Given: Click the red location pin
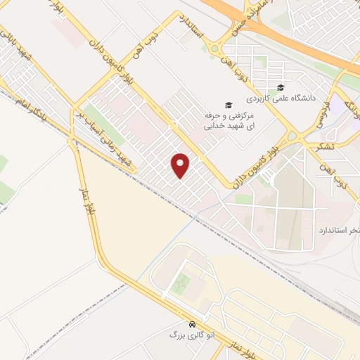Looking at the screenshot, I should pyautogui.click(x=181, y=165).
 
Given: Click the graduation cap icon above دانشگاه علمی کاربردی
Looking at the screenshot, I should pyautogui.click(x=281, y=88).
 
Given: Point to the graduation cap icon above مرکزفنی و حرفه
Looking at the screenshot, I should pyautogui.click(x=228, y=105).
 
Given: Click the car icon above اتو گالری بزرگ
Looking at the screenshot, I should pyautogui.click(x=174, y=324).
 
